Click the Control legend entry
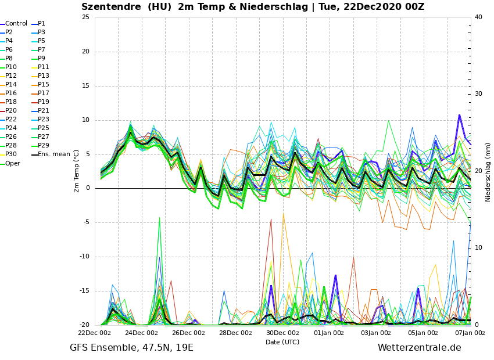[x=16, y=24]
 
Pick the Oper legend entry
[x=12, y=163]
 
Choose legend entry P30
[x=11, y=154]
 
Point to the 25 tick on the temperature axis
[x=85, y=17]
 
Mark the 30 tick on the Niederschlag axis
[x=478, y=94]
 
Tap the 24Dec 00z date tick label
[x=141, y=333]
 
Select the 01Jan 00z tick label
[x=329, y=333]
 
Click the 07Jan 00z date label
[x=470, y=333]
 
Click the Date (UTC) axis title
[x=282, y=342]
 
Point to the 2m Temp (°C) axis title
[x=76, y=171]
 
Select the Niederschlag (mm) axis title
[x=488, y=172]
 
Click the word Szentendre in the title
[x=110, y=7]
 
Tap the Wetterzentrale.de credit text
[x=419, y=348]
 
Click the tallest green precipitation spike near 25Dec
[x=159, y=218]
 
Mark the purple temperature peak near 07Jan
[x=459, y=115]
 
